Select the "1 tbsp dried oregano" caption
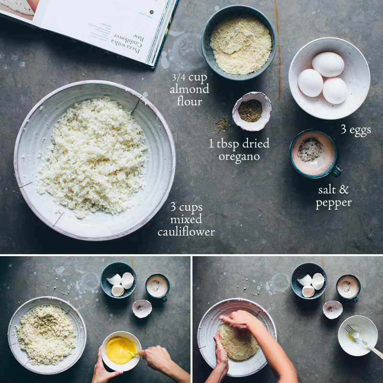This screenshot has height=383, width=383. tap(239, 149)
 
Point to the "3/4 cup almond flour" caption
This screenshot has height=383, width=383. tap(190, 89)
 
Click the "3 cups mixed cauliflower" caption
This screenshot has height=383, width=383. tap(186, 220)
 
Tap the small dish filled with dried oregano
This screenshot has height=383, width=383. tap(251, 111)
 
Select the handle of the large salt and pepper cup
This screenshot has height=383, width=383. tap(337, 171)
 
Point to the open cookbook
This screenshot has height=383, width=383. tap(96, 24)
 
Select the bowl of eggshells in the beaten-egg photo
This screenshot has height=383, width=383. tap(119, 281)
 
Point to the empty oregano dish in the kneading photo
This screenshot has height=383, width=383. tap(332, 309)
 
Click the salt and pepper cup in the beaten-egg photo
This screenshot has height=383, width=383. tap(158, 286)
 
